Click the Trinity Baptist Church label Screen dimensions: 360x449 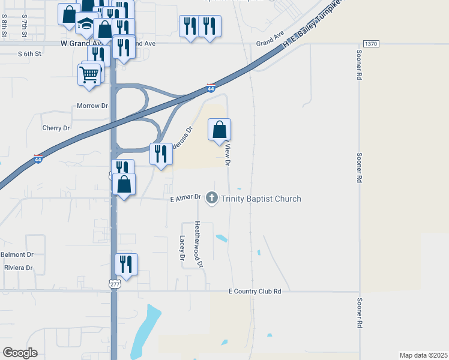click(x=261, y=199)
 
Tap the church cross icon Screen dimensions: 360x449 click(x=211, y=198)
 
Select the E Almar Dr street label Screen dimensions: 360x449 click(x=185, y=197)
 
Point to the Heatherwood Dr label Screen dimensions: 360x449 click(x=198, y=244)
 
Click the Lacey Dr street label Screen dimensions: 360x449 click(x=182, y=247)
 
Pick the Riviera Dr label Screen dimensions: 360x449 click(x=18, y=268)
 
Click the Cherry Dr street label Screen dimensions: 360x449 click(x=56, y=128)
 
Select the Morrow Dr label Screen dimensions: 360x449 click(x=92, y=106)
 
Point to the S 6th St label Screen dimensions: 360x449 click(x=29, y=53)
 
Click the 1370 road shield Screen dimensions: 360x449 click(x=371, y=44)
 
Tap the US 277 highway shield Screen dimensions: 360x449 click(x=114, y=284)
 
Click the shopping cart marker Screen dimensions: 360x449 click(x=89, y=76)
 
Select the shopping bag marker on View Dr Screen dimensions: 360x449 click(x=220, y=130)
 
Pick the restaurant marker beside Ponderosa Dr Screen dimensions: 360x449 click(x=161, y=154)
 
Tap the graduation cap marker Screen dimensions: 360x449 click(x=86, y=25)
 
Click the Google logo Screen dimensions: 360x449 click(x=20, y=353)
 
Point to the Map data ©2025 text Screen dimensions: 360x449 click(x=423, y=355)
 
